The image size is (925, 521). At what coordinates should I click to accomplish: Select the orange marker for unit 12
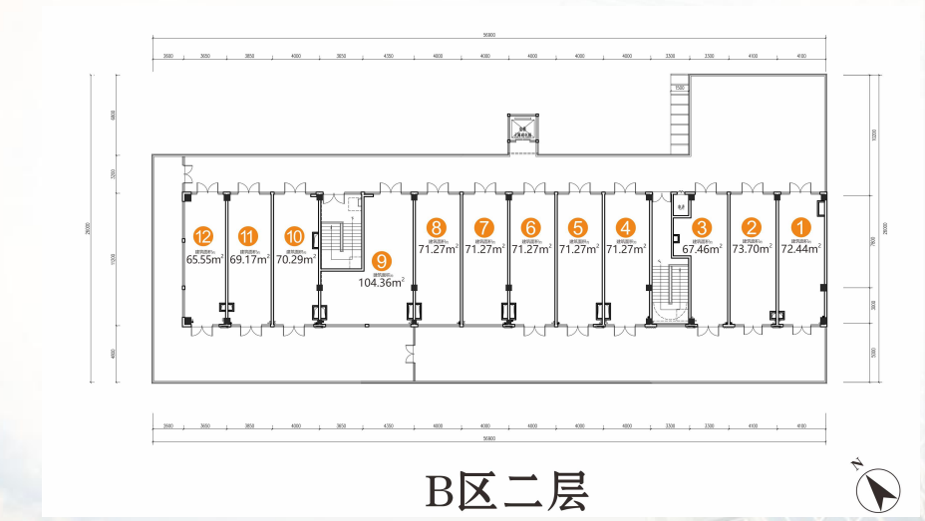point(204,237)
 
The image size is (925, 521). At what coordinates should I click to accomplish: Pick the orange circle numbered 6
point(531,227)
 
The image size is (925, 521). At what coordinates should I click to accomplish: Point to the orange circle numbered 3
point(702,227)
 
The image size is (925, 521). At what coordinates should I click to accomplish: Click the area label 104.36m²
point(382,283)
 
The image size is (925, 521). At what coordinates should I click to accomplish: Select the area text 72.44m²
point(800,249)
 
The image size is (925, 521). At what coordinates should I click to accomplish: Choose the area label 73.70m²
point(753,249)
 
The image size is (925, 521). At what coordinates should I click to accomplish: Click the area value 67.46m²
point(703,250)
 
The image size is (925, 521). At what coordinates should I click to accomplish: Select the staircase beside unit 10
point(340,240)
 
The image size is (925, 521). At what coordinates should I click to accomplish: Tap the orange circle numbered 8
point(437,227)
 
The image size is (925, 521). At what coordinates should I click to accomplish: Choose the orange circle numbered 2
point(753,227)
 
